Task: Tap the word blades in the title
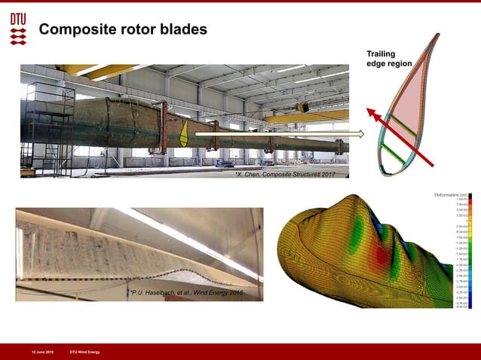(182, 29)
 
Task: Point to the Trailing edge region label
(389, 59)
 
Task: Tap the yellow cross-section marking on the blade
(185, 132)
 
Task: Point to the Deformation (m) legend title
(452, 194)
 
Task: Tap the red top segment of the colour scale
(470, 200)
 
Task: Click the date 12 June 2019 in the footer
(42, 352)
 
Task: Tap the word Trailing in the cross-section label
(381, 53)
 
